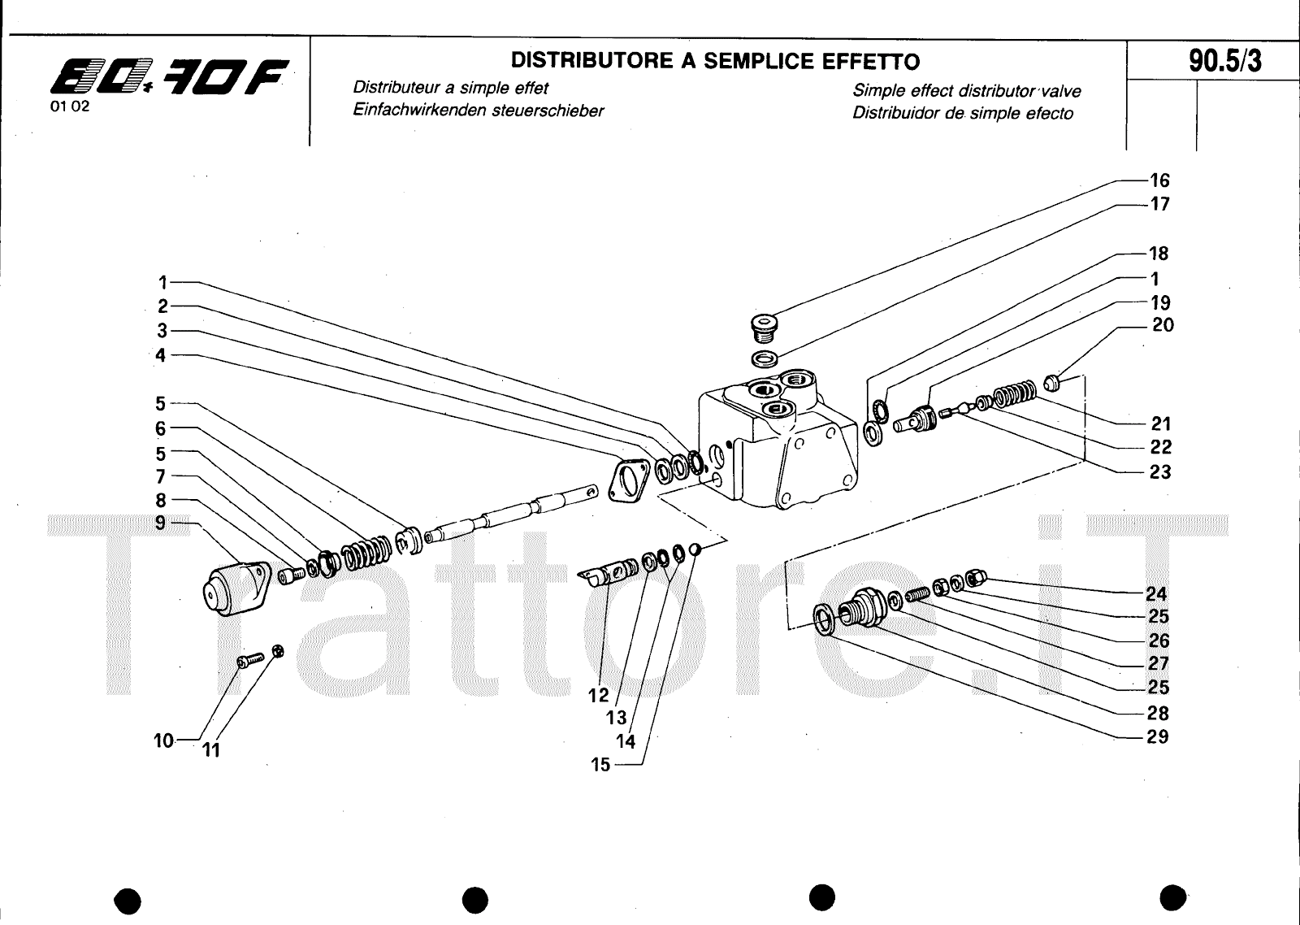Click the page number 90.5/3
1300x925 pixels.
pyautogui.click(x=1225, y=61)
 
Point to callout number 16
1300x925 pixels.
pyautogui.click(x=1159, y=180)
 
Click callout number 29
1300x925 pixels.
pyautogui.click(x=1158, y=736)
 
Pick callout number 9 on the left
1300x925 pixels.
pyautogui.click(x=160, y=523)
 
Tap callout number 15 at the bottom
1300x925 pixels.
pyautogui.click(x=600, y=765)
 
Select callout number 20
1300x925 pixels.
pyautogui.click(x=1163, y=325)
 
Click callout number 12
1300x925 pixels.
pyautogui.click(x=598, y=696)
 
